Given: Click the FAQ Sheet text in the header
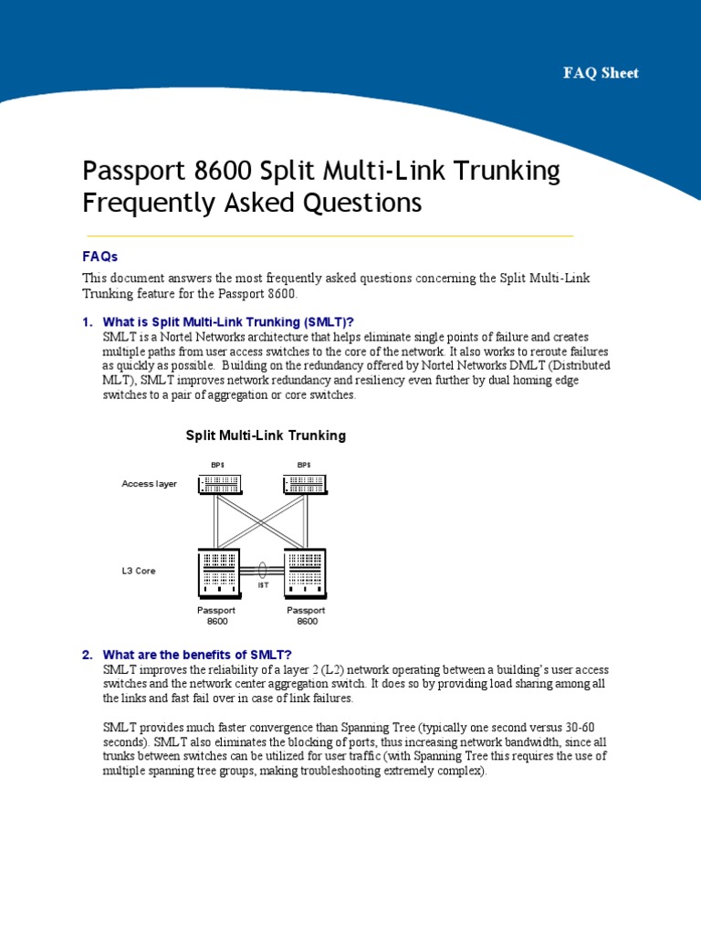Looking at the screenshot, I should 601,73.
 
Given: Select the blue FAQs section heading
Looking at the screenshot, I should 100,257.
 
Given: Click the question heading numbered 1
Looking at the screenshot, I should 227,321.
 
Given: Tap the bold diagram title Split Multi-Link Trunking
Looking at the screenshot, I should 266,436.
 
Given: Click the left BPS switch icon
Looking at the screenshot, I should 218,485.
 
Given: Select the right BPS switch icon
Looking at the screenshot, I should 304,485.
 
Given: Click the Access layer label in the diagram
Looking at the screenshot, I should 150,484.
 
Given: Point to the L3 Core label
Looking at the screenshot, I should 139,571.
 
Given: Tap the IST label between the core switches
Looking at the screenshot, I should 263,585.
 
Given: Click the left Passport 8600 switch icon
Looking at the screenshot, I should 217,572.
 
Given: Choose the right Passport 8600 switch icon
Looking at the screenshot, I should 305,572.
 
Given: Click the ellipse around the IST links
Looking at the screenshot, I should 263,570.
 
